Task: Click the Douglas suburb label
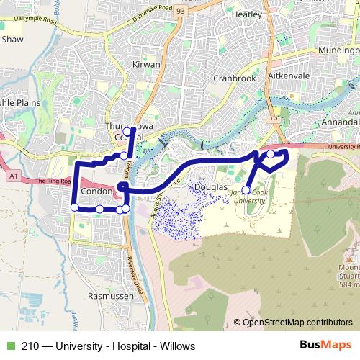pos(211,186)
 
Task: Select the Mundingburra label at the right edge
pos(339,50)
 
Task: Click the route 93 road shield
pos(179,11)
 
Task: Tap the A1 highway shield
pos(13,174)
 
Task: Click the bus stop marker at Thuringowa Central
pos(127,132)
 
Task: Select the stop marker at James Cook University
pos(246,190)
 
